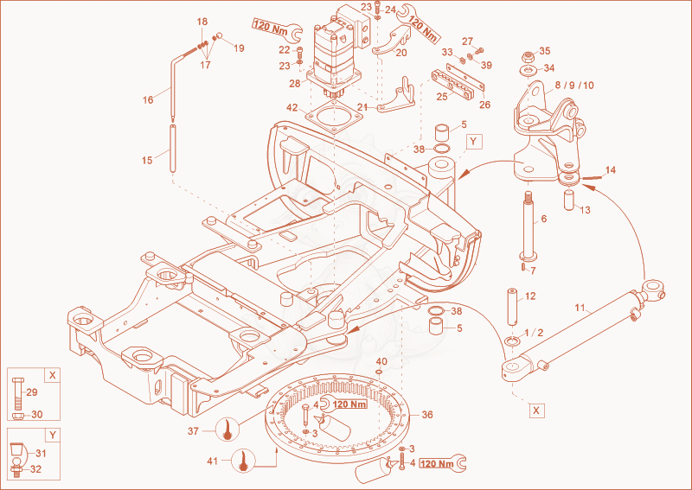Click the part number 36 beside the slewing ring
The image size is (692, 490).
pos(427,415)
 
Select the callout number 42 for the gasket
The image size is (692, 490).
pos(292,108)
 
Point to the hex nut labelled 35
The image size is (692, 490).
pos(529,56)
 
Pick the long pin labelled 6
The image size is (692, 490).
pos(528,226)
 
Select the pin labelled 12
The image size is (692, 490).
pos(512,307)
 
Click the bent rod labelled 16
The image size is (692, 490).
pos(173,84)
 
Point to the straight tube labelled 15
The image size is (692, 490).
pos(173,149)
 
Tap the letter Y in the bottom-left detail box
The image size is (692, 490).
pos(53,435)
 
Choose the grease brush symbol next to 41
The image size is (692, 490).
pos(243,461)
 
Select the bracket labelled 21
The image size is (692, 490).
pos(396,98)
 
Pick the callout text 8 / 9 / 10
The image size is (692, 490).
pos(574,85)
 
